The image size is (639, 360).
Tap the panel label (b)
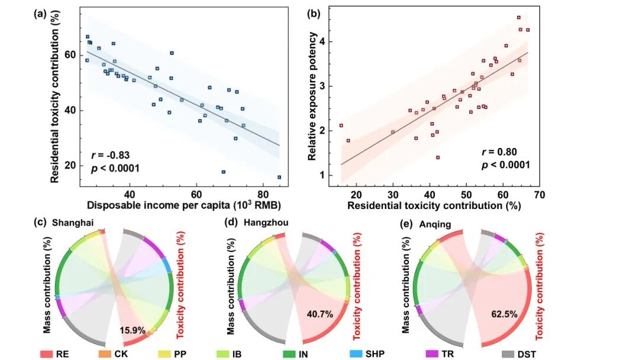pyautogui.click(x=317, y=13)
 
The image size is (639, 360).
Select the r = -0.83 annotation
pyautogui.click(x=114, y=156)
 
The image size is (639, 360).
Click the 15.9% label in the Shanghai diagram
pyautogui.click(x=133, y=330)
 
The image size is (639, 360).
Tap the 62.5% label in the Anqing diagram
pyautogui.click(x=504, y=314)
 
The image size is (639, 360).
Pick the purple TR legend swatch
pyautogui.click(x=431, y=353)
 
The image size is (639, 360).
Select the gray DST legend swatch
pyautogui.click(x=508, y=353)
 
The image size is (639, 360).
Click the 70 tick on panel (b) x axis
pyautogui.click(x=539, y=193)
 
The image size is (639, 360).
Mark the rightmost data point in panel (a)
pyautogui.click(x=279, y=177)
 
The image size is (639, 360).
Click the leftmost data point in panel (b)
pyautogui.click(x=341, y=126)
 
